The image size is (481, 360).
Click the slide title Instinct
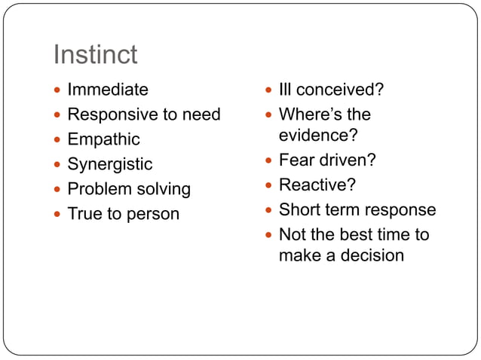coord(95,54)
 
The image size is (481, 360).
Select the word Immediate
coord(108,90)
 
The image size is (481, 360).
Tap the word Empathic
coord(103,139)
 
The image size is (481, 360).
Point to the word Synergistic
coord(109,164)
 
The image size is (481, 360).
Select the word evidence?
coord(317,135)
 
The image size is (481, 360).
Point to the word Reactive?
coord(317,185)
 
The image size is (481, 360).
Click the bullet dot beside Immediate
coord(57,90)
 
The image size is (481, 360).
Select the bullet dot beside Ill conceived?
coord(268,90)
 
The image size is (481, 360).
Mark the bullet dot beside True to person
coord(57,215)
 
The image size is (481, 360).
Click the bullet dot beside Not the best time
coord(268,235)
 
